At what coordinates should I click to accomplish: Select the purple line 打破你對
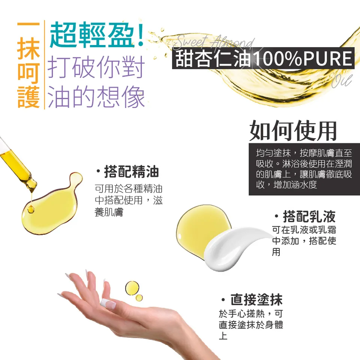(96, 67)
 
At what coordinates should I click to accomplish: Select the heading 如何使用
(293, 130)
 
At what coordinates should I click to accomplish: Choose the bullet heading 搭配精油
(127, 172)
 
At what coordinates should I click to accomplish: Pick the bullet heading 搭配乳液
(304, 216)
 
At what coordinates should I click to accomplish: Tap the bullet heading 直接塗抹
(252, 300)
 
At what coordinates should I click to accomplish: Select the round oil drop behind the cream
(199, 229)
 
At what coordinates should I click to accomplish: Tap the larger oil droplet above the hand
(132, 288)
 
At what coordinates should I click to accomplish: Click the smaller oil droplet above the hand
(139, 298)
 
